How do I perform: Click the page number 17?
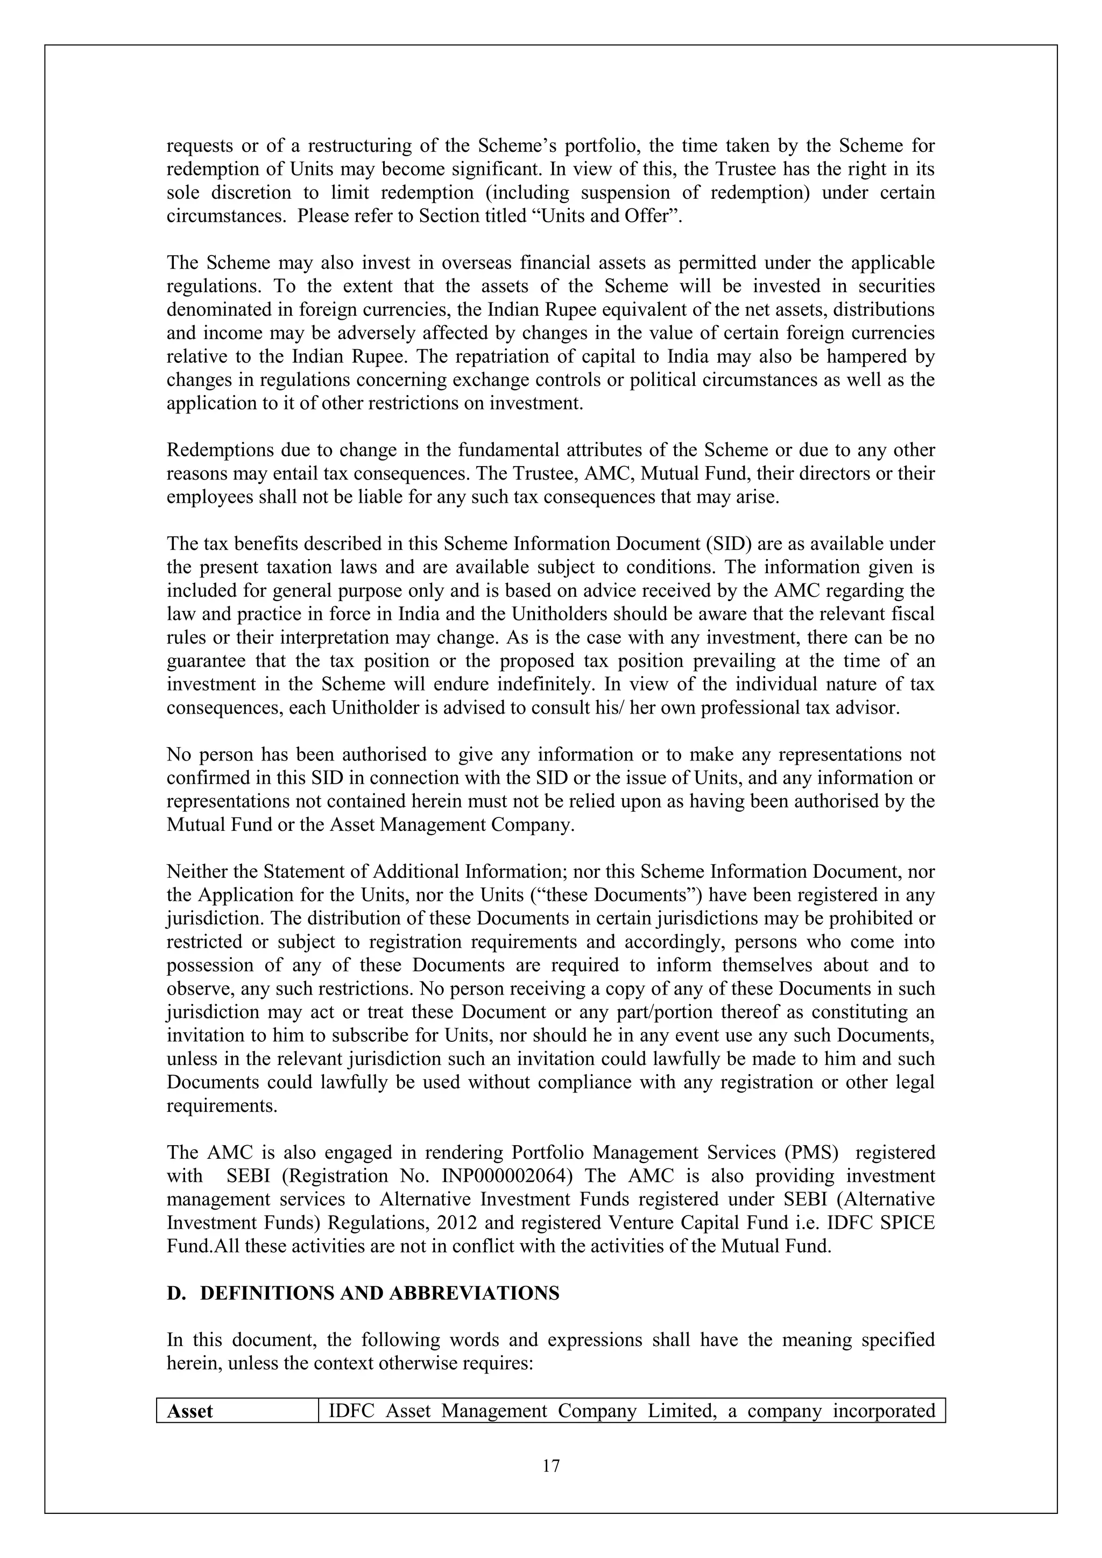point(551,1467)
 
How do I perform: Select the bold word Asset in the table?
point(189,1412)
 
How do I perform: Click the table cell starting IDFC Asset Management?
point(631,1412)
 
